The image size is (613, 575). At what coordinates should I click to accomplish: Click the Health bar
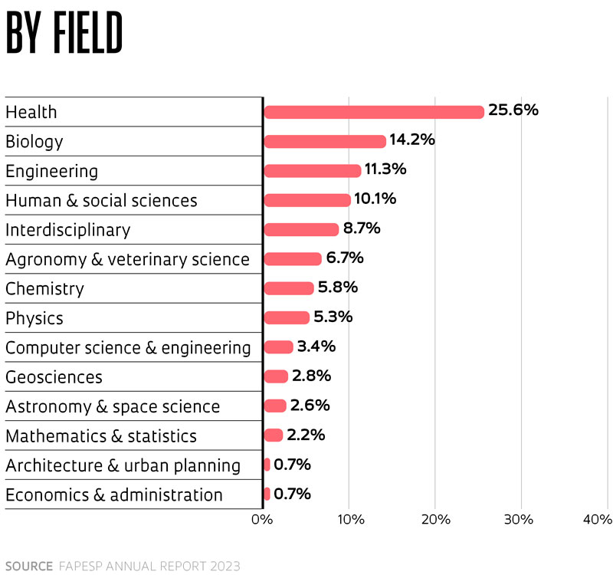[x=374, y=112]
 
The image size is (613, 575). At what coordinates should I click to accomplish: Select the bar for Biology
[x=325, y=141]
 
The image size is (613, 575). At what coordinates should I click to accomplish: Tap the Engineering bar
[x=313, y=170]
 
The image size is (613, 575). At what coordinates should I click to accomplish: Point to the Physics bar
[x=287, y=317]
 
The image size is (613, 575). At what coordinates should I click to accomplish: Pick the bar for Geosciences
[x=276, y=376]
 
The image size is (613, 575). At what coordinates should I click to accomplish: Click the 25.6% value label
[x=513, y=110]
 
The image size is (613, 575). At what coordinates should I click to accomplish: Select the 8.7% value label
[x=363, y=228]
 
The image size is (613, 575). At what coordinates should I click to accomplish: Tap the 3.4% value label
[x=316, y=347]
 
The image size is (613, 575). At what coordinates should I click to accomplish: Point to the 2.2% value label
[x=306, y=435]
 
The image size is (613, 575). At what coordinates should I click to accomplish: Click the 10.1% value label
[x=375, y=199]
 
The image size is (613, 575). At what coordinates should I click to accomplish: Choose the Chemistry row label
[x=44, y=289]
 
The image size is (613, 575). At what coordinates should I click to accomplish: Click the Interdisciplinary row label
[x=68, y=230]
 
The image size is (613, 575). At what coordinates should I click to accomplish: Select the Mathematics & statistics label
[x=101, y=436]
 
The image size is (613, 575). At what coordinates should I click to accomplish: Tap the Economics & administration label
[x=114, y=495]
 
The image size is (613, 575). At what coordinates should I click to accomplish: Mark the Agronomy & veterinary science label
[x=127, y=260]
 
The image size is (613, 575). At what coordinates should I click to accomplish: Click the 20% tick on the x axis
[x=434, y=521]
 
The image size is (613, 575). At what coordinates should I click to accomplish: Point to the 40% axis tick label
[x=597, y=521]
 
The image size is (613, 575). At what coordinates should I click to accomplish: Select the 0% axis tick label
[x=262, y=521]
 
